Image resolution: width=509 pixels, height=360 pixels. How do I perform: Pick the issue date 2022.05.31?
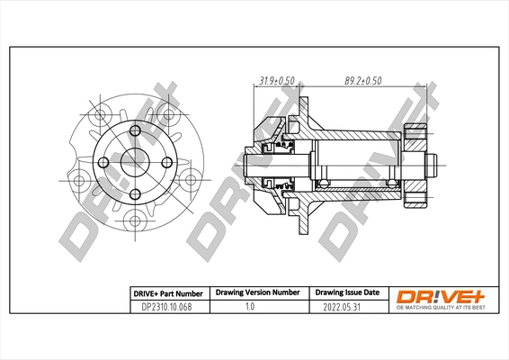(346, 306)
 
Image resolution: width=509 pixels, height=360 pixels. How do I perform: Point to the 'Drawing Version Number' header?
(256, 292)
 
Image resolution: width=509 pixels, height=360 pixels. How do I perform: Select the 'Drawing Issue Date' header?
(346, 292)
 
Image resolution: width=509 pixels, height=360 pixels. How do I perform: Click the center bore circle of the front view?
(135, 163)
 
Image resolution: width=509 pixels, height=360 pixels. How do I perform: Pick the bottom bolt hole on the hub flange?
(135, 193)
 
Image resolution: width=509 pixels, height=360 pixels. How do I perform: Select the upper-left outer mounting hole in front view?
(99, 115)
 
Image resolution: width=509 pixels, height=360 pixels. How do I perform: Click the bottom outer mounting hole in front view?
(135, 220)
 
